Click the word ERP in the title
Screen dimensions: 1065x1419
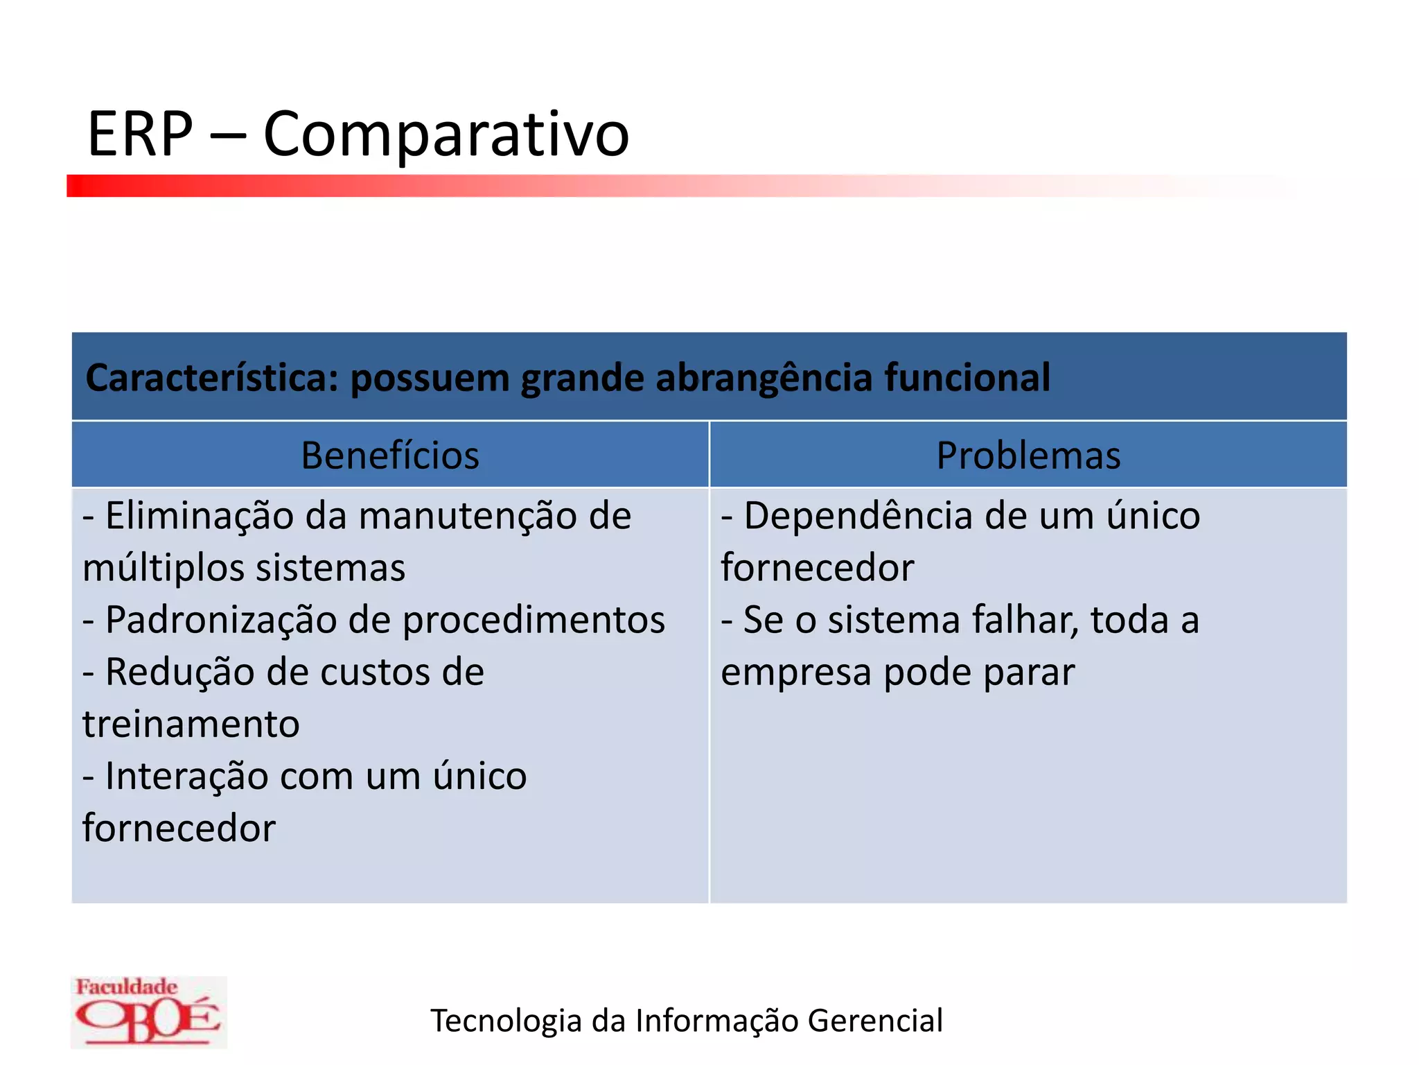pyautogui.click(x=140, y=133)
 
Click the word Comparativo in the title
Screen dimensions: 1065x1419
pyautogui.click(x=446, y=135)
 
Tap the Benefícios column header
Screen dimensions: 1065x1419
pyautogui.click(x=389, y=456)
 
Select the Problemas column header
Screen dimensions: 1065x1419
pyautogui.click(x=1028, y=456)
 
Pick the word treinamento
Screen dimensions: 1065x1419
pyautogui.click(x=191, y=725)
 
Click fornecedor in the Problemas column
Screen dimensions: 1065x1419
pyautogui.click(x=818, y=568)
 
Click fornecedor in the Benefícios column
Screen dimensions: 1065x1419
pyautogui.click(x=179, y=829)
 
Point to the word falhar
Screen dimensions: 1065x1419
pyautogui.click(x=1025, y=620)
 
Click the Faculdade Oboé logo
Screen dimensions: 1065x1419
pyautogui.click(x=148, y=1012)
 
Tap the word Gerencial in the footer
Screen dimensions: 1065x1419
pyautogui.click(x=874, y=1021)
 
